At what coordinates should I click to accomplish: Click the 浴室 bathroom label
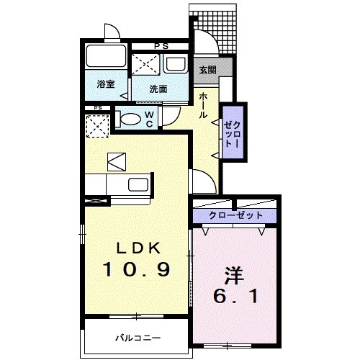[x=105, y=84]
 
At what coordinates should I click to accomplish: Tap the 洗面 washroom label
[x=158, y=89]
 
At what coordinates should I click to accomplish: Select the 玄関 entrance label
[x=207, y=71]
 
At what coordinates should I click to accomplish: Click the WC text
[x=149, y=119]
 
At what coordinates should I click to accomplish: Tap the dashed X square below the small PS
[x=97, y=127]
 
